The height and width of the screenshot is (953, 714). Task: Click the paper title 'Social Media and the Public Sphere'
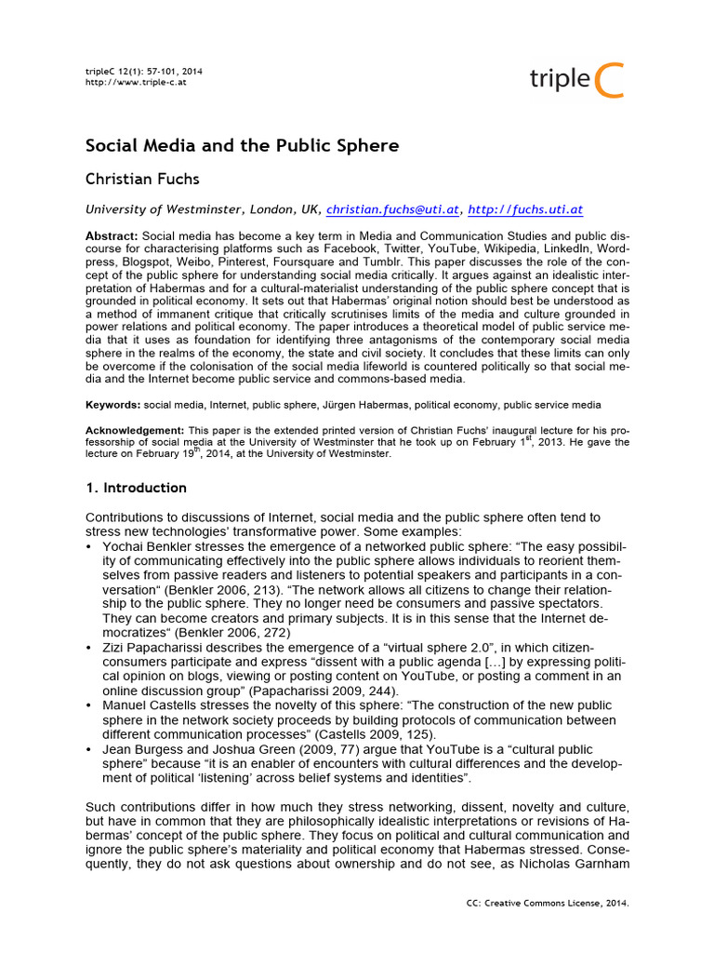[242, 146]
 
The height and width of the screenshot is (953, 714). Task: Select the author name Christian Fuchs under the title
[143, 179]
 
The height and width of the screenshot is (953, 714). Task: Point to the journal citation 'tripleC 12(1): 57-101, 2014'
[144, 71]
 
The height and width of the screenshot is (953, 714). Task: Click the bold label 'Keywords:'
[113, 405]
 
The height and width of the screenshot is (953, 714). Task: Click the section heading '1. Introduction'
[136, 488]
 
